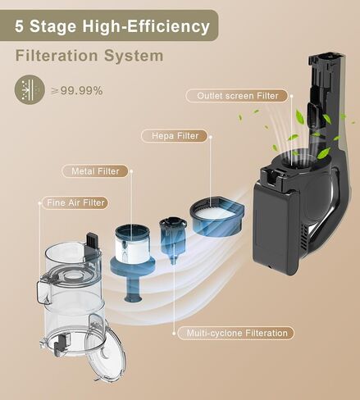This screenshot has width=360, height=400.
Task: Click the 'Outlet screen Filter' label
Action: tap(237, 96)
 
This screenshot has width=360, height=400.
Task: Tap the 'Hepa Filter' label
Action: tap(175, 136)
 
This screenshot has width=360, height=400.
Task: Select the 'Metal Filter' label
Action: tap(95, 171)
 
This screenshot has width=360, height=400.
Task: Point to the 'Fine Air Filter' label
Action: tap(75, 202)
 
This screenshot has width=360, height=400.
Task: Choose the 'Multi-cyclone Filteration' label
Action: tap(236, 333)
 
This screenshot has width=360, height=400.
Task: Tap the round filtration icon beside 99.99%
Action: tap(30, 89)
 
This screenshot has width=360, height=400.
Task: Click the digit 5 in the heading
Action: tap(19, 26)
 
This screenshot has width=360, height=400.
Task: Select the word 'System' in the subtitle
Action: tap(134, 56)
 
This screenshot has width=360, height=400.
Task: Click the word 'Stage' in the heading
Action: tap(53, 26)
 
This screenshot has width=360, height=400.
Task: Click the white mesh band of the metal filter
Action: tap(133, 248)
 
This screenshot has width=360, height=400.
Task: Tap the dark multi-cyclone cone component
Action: tap(173, 239)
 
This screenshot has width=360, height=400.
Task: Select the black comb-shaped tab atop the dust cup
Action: tap(92, 241)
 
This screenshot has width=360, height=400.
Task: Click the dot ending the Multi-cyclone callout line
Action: tap(174, 334)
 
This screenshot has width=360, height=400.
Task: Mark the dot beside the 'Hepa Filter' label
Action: tap(211, 136)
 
